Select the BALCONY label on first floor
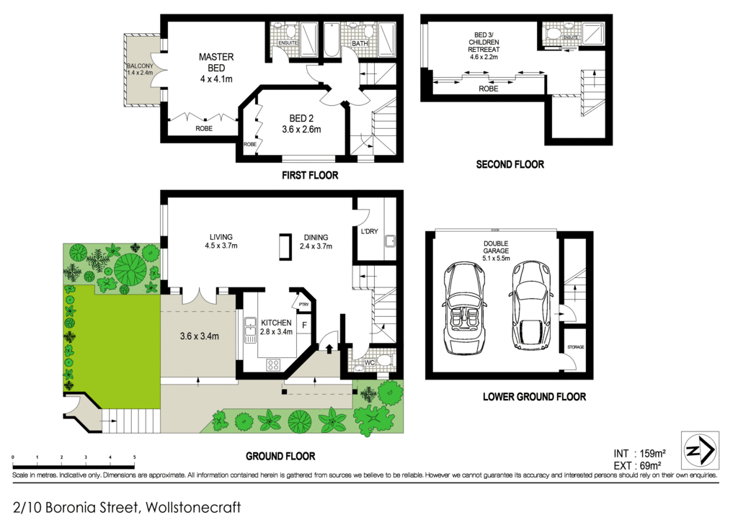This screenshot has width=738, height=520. [140, 68]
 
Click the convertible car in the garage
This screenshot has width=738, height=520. [464, 310]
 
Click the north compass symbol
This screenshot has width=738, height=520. [699, 450]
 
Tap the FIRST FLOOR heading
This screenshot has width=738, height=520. [310, 175]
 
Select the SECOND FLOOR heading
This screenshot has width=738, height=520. [510, 164]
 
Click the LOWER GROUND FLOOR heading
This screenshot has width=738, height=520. [534, 396]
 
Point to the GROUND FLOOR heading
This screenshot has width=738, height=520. [280, 456]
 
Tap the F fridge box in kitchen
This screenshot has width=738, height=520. [305, 326]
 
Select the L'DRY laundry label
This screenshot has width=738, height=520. [368, 231]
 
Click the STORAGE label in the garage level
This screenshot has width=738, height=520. [575, 347]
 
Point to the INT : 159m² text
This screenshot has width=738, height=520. [639, 453]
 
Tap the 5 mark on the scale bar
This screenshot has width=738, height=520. [134, 458]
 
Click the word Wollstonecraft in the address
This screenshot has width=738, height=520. [192, 507]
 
